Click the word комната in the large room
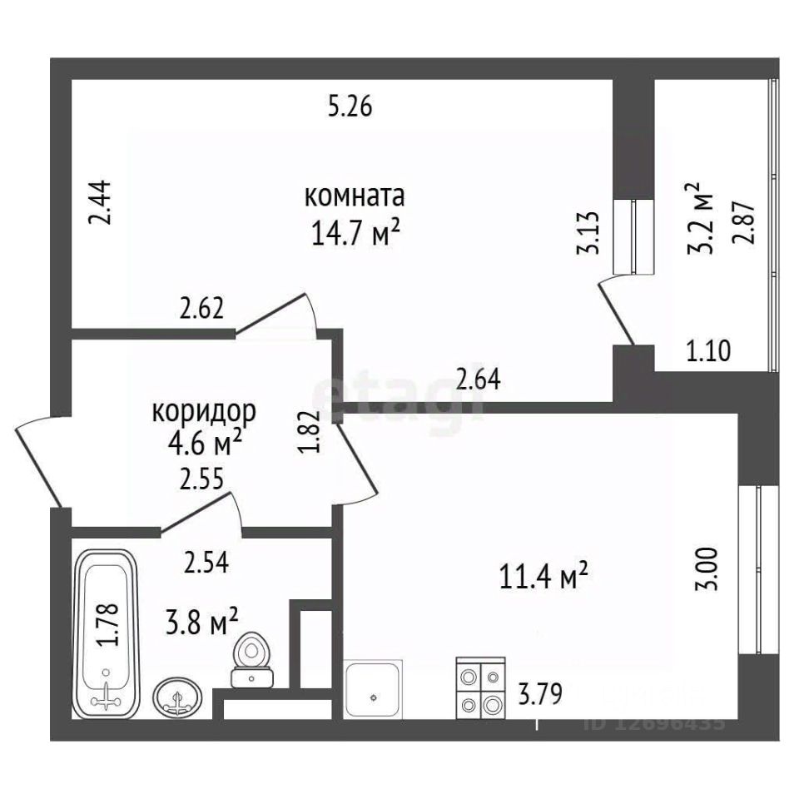click(x=355, y=197)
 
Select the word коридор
click(x=205, y=411)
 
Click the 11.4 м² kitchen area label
click(x=544, y=575)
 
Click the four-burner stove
click(x=481, y=687)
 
